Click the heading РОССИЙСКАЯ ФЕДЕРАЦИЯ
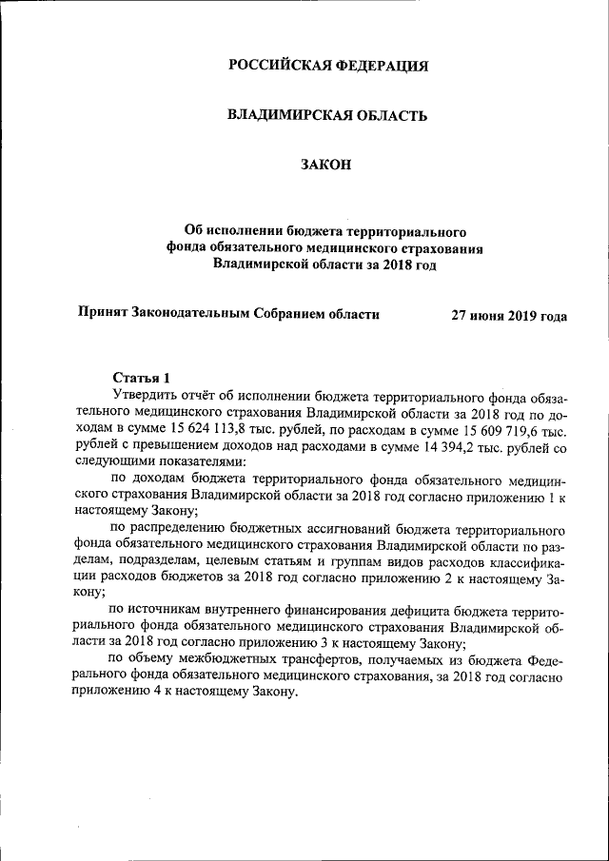[x=327, y=66]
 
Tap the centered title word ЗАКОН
[x=326, y=165]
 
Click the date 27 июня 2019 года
[x=509, y=316]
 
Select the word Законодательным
[x=198, y=313]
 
